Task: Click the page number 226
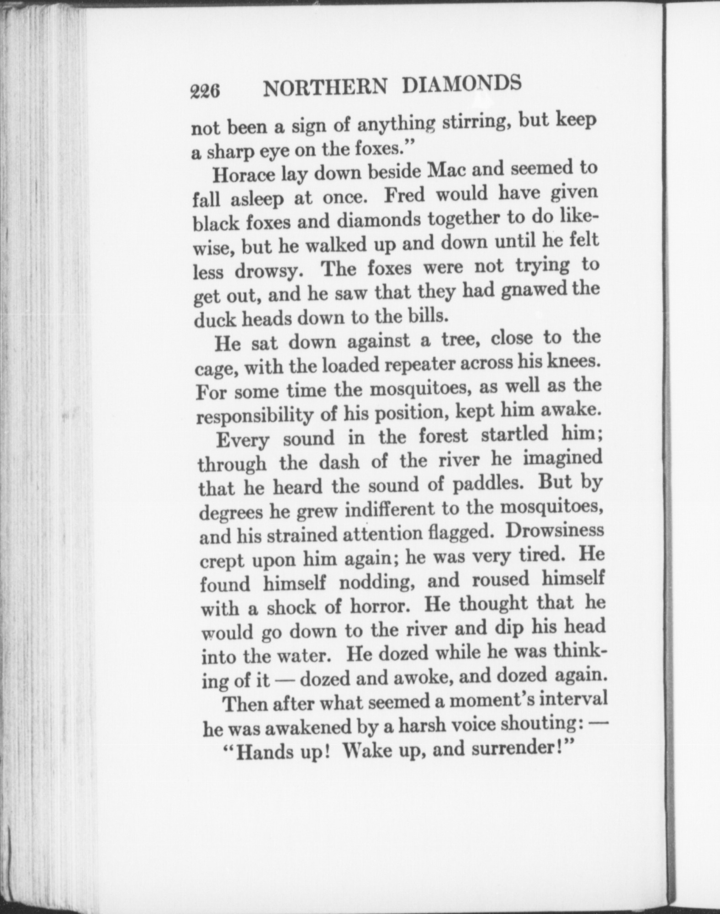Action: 205,92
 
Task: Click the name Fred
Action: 404,195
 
